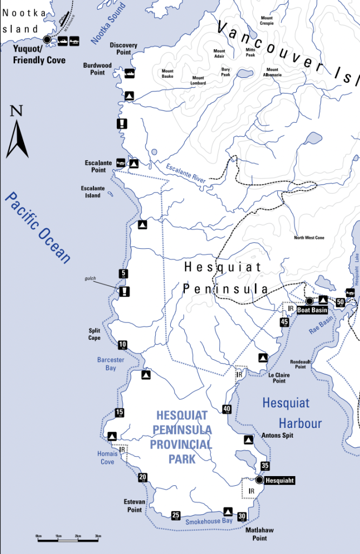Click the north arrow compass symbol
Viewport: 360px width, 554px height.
coord(17,133)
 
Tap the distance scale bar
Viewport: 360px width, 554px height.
coord(68,539)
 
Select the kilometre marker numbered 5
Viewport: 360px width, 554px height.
coord(124,273)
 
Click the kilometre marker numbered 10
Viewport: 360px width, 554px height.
coord(123,345)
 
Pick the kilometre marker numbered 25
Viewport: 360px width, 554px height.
coord(176,515)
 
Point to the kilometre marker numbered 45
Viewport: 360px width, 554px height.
coord(284,322)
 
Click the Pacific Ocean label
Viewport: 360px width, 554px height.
coord(38,227)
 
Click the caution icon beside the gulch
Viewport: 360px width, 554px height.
coord(125,292)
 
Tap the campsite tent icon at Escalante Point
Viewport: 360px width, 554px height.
coord(134,163)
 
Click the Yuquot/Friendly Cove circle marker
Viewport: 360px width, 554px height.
coord(47,39)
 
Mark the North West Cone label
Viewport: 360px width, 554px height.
coord(309,238)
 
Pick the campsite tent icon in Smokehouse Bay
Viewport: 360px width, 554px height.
coord(228,511)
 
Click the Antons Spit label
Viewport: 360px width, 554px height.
coord(277,435)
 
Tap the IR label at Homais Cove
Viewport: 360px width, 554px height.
coord(123,450)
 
